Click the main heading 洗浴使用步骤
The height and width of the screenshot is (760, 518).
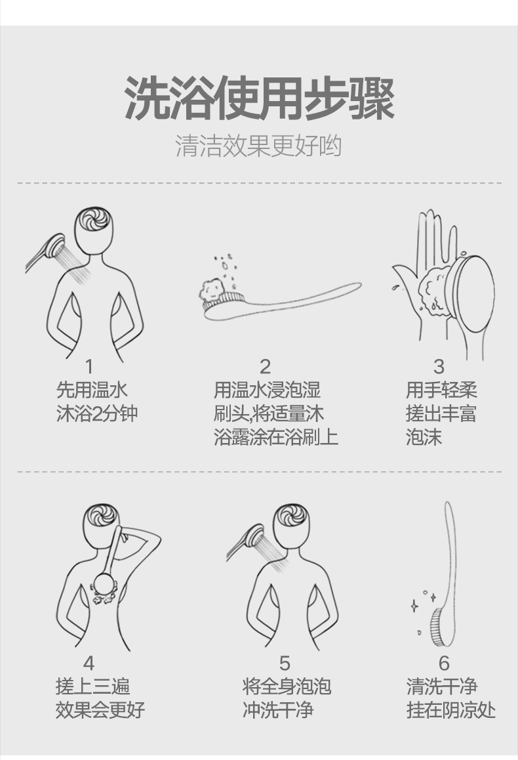pos(259,99)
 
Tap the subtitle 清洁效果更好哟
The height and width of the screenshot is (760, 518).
pos(258,146)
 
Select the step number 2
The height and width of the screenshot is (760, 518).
pos(265,367)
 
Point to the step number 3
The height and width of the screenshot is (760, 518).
pos(439,367)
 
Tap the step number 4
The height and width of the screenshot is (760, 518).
pos(89,663)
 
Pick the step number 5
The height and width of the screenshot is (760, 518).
pos(285,663)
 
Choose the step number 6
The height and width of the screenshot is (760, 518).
pos(444,663)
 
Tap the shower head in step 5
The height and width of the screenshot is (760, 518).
pos(253,538)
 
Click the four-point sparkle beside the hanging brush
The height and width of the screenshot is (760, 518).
pos(414,605)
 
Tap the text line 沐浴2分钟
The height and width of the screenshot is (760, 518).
pos(97,414)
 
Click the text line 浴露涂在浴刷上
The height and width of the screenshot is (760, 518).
pos(276,437)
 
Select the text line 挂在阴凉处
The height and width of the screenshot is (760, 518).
pos(451,711)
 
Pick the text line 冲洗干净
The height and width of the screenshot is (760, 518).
pos(278,711)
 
